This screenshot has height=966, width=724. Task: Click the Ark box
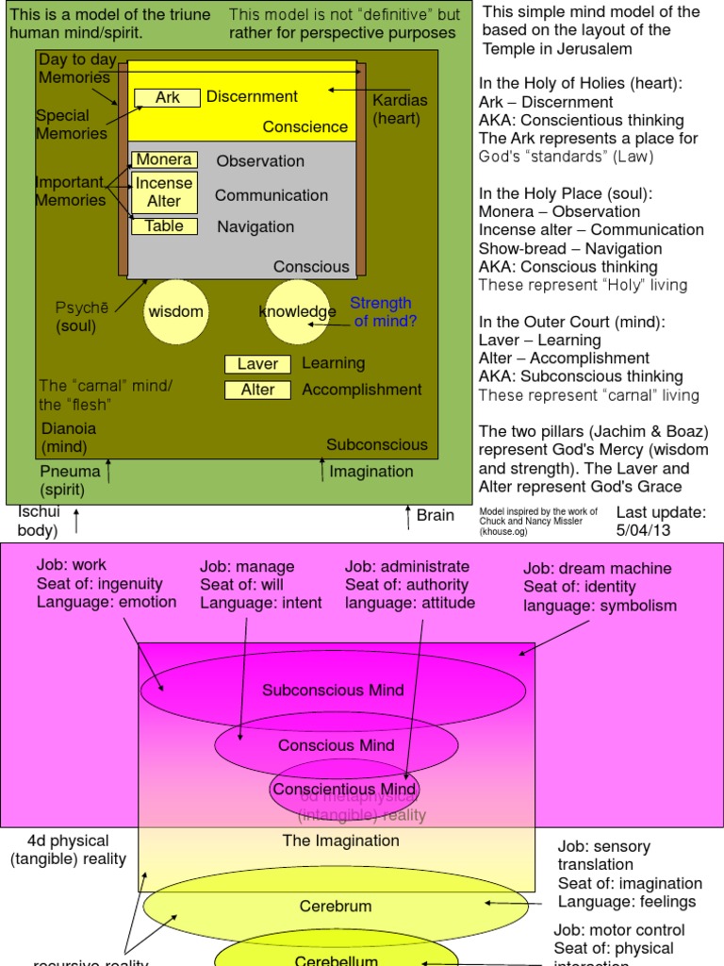click(x=167, y=97)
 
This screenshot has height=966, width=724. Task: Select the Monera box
click(x=164, y=160)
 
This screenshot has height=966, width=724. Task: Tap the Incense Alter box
click(x=164, y=192)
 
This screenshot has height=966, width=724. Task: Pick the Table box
click(x=164, y=226)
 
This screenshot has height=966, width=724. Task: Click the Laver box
click(x=257, y=364)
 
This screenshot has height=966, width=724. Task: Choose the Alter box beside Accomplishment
click(x=257, y=390)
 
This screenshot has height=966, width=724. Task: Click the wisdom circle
click(x=175, y=312)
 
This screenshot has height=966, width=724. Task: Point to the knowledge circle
click(x=297, y=312)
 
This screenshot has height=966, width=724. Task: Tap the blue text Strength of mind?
click(x=381, y=311)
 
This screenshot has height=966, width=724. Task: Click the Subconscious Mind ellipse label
click(x=333, y=690)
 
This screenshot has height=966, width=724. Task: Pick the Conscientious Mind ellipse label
click(x=344, y=789)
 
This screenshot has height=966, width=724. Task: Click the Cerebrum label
click(x=336, y=907)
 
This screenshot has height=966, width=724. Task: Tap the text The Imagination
click(x=340, y=841)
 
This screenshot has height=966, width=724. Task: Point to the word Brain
click(x=436, y=515)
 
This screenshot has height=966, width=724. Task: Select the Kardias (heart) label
click(x=400, y=109)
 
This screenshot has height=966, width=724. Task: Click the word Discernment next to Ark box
click(x=252, y=96)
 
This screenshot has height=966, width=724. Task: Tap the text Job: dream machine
click(x=598, y=568)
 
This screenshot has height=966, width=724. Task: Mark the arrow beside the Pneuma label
click(x=109, y=471)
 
